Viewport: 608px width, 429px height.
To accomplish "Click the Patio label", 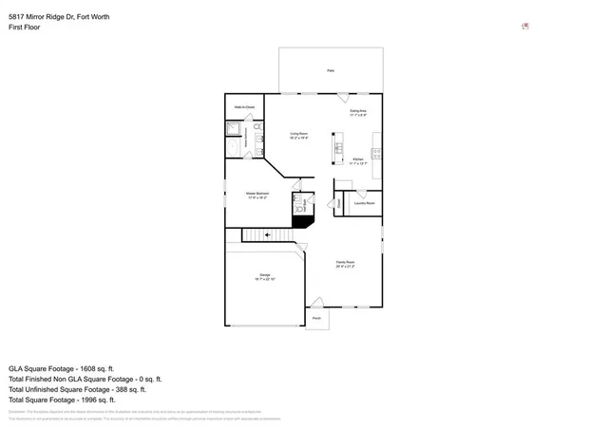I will [331, 70].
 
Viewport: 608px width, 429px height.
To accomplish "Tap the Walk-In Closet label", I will [244, 107].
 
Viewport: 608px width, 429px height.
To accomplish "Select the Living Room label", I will [298, 136].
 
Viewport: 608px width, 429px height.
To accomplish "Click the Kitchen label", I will [358, 160].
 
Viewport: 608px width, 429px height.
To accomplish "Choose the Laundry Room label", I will [365, 203].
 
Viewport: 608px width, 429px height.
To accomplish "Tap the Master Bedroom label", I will [256, 196].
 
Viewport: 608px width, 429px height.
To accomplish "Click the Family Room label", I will [345, 264].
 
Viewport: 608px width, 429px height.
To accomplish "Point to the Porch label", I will [317, 319].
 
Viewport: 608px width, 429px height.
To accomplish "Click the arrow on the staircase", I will [268, 233].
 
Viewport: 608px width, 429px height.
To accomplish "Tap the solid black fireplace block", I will [303, 222].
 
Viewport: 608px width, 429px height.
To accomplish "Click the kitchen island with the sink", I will [334, 146].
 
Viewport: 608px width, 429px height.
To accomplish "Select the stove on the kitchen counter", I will [377, 153].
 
